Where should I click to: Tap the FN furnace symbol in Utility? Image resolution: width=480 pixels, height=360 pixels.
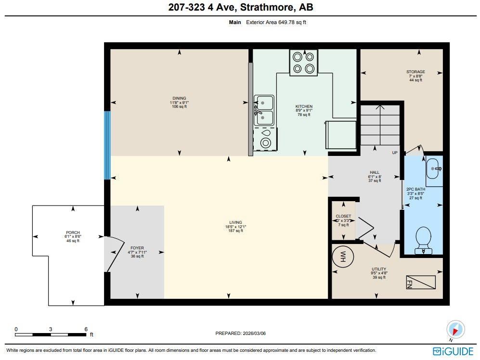[421, 283]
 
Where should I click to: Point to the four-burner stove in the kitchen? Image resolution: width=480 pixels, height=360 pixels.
[303, 63]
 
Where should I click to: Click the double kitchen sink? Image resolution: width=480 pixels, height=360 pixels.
[264, 110]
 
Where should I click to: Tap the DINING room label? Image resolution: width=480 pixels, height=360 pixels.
[179, 98]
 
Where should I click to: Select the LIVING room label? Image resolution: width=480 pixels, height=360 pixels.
[235, 222]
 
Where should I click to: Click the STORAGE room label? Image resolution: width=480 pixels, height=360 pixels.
[415, 72]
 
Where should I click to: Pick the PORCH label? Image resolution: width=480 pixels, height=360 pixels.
[73, 232]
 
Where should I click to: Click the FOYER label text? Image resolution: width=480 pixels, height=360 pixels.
[137, 248]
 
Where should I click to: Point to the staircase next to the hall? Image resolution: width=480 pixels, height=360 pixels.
[380, 126]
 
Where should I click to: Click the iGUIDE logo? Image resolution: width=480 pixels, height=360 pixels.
[453, 351]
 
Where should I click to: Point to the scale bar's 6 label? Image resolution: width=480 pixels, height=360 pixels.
[86, 329]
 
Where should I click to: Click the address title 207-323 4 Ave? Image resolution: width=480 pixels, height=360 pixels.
[240, 7]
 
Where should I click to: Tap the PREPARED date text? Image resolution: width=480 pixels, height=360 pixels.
[240, 333]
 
